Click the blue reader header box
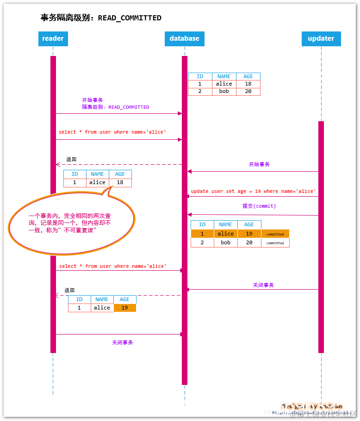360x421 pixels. coord(53,38)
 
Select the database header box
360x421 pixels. coord(184,38)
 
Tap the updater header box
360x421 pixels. coord(321,38)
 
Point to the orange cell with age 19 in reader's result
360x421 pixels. coord(124,308)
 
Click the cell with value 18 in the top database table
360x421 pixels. coord(248,84)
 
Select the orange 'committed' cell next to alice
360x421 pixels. coord(275,234)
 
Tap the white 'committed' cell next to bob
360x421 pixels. coord(275,242)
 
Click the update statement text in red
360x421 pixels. coord(253,192)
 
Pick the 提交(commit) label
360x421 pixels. coord(259,206)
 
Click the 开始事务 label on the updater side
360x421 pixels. coord(259,164)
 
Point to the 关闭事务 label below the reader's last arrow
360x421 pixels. coord(122,342)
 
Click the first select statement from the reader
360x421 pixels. coord(112,132)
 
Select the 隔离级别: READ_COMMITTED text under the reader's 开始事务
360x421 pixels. coord(115,107)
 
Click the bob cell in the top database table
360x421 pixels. coord(224,92)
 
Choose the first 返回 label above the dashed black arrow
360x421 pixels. coord(71,159)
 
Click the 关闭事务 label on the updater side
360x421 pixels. coord(263,285)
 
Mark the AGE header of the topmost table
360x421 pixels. coord(248,77)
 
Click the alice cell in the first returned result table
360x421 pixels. coord(97,182)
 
